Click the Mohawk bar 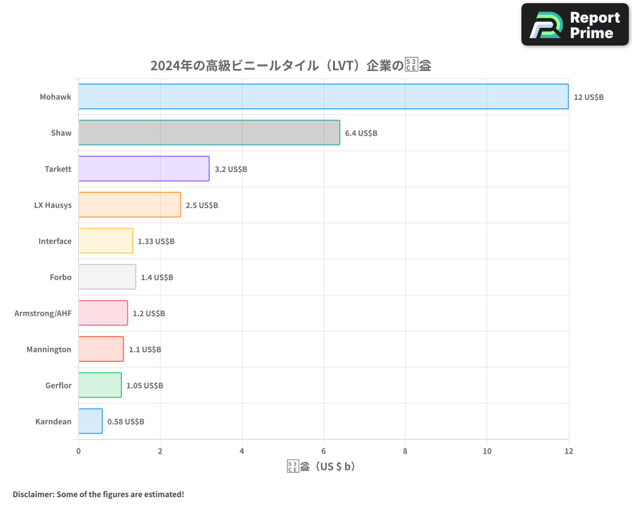[323, 97]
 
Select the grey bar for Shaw [209, 133]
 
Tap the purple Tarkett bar [143, 169]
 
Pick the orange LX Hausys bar [130, 205]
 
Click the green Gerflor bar [100, 385]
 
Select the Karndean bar [90, 421]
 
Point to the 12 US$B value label [588, 97]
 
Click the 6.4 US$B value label [361, 133]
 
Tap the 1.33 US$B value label [156, 242]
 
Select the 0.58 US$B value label [125, 422]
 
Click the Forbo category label [61, 277]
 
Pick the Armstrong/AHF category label [43, 313]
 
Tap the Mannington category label [49, 349]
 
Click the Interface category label [55, 241]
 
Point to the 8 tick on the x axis [405, 451]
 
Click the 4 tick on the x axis [242, 451]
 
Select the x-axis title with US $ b [321, 467]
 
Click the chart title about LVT [291, 65]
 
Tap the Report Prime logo [574, 25]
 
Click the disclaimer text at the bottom [99, 494]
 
